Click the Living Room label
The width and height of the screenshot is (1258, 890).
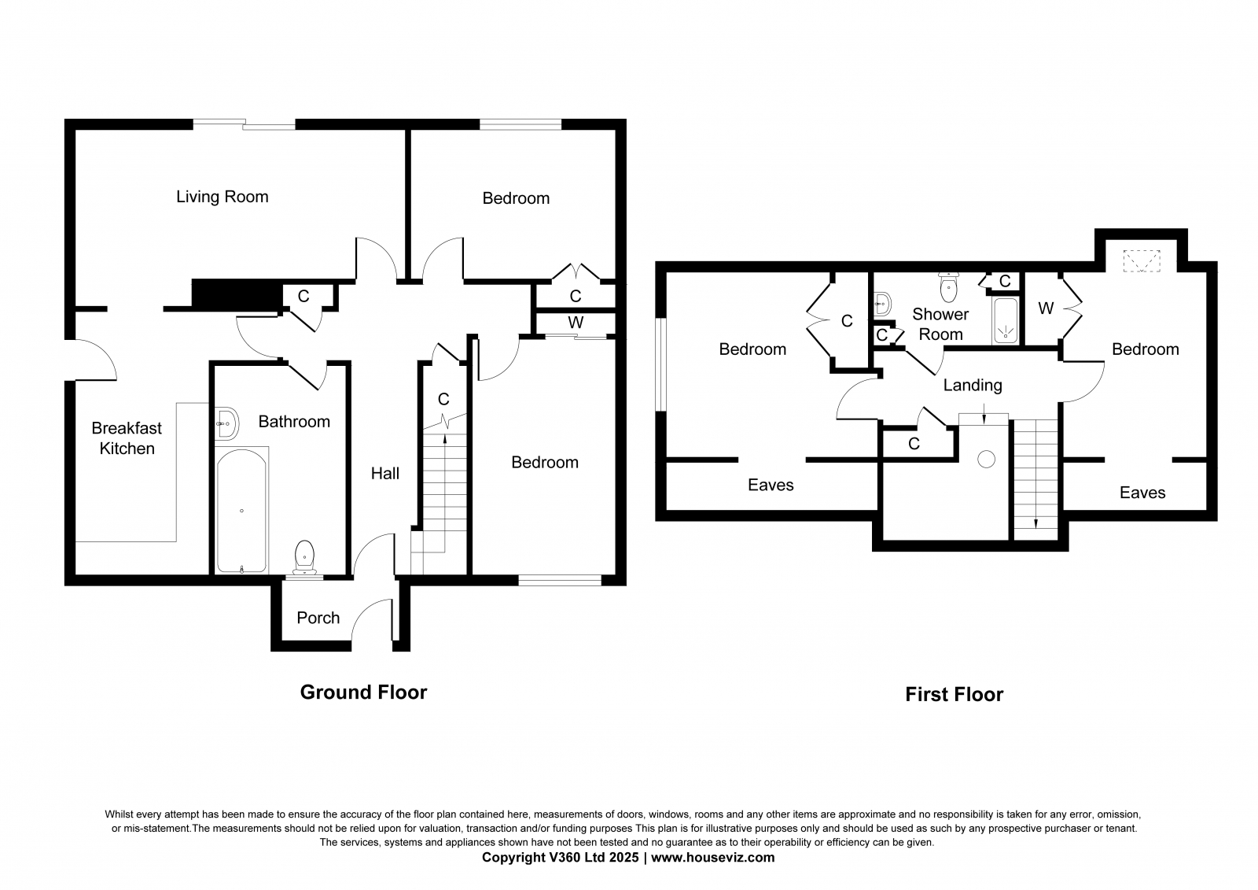click(x=222, y=197)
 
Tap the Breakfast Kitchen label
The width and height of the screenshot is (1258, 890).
click(x=127, y=438)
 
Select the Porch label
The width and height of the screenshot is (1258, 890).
click(x=318, y=618)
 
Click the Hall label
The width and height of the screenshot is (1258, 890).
click(x=385, y=473)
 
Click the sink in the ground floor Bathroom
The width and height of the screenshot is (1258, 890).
click(x=226, y=423)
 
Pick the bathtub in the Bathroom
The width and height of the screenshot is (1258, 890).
click(x=241, y=511)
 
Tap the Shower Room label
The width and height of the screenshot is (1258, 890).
click(x=940, y=323)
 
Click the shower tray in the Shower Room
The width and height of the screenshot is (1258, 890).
click(x=1005, y=321)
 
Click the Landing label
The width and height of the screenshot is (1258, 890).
click(x=973, y=385)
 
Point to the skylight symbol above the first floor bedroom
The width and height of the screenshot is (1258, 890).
click(x=1142, y=260)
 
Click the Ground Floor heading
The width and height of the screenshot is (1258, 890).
click(x=363, y=692)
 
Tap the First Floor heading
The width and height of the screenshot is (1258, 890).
click(x=954, y=694)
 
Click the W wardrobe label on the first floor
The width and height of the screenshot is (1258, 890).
click(x=1046, y=308)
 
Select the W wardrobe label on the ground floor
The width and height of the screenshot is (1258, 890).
click(x=576, y=323)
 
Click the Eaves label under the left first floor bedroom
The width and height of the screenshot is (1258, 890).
click(x=771, y=485)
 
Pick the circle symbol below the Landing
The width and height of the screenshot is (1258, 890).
click(x=985, y=459)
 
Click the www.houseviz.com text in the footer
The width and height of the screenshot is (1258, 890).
click(x=712, y=858)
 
